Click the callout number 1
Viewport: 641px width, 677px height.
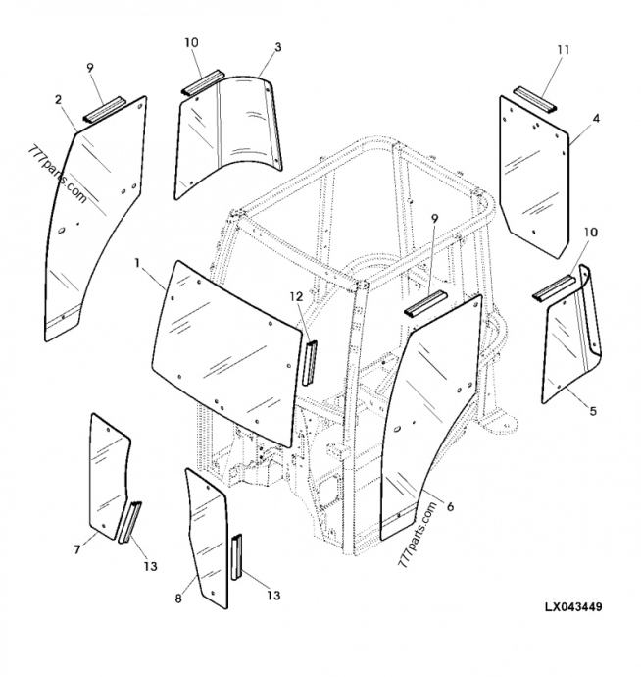pos(137,263)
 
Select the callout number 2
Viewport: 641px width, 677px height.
pos(58,100)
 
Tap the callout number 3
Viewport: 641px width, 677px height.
pos(277,47)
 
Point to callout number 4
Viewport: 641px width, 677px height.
pos(596,118)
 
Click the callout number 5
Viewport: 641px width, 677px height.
pos(593,411)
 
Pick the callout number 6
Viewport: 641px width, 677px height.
pos(450,506)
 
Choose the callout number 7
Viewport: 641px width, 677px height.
pos(77,549)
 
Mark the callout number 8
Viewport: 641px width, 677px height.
pos(178,599)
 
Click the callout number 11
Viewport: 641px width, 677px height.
pos(563,50)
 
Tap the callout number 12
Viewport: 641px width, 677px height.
pos(296,297)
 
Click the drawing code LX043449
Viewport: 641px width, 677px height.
pos(573,607)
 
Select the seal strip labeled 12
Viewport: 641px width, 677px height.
pos(310,363)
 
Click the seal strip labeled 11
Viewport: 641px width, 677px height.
pos(534,100)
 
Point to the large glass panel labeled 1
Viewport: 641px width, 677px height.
pos(225,353)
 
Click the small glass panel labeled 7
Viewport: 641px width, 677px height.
pos(109,476)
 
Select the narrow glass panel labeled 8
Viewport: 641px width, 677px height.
pos(207,539)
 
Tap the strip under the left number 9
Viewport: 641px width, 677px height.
pos(105,110)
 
